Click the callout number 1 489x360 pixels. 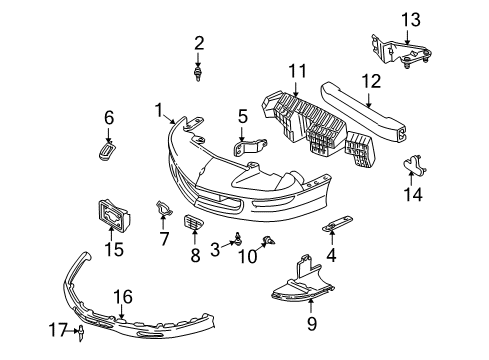tap(159, 107)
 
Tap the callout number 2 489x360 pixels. tap(198, 42)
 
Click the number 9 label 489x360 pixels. tap(311, 323)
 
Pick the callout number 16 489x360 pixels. tap(123, 296)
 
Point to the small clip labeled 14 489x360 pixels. tap(411, 165)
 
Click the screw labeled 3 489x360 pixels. tap(237, 238)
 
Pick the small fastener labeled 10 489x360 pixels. tap(269, 239)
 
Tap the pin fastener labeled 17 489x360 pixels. tap(79, 328)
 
